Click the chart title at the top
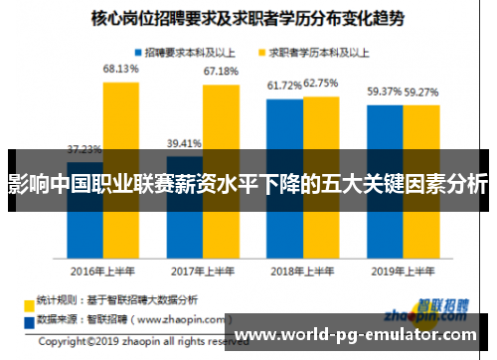[x=248, y=17]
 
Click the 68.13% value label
[x=120, y=69]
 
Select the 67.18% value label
[x=221, y=72]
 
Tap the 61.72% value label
[x=284, y=87]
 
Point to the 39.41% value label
[x=184, y=141]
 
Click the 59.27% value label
[x=421, y=92]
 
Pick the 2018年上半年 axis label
[x=302, y=270]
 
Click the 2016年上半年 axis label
[x=102, y=270]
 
